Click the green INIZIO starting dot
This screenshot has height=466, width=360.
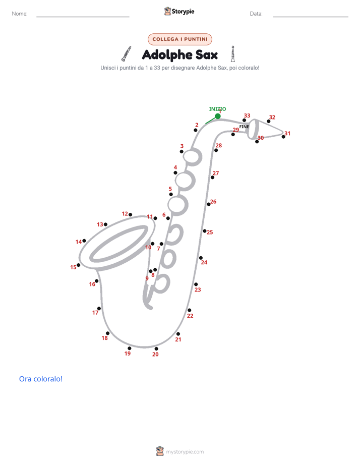(218, 116)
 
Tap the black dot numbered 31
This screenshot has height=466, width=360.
(283, 137)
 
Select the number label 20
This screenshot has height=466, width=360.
(155, 354)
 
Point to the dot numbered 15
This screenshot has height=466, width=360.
(79, 265)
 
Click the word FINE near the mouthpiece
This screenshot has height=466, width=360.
(244, 127)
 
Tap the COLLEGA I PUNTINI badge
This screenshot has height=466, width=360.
(180, 39)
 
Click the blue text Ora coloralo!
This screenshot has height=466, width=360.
(41, 379)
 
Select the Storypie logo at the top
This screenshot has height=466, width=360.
(179, 11)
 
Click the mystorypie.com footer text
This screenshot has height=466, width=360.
(185, 452)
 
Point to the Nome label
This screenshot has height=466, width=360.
(20, 14)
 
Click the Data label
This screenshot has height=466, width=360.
(256, 14)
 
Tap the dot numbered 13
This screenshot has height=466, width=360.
(105, 224)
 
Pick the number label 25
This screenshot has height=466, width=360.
(210, 232)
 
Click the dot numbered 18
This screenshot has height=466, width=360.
(107, 333)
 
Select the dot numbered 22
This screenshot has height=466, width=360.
(189, 310)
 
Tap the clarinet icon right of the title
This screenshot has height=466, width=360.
(233, 54)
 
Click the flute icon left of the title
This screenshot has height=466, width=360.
(126, 54)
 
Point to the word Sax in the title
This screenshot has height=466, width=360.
(206, 54)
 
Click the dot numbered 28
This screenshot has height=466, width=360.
(216, 150)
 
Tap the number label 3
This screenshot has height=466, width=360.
(182, 146)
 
